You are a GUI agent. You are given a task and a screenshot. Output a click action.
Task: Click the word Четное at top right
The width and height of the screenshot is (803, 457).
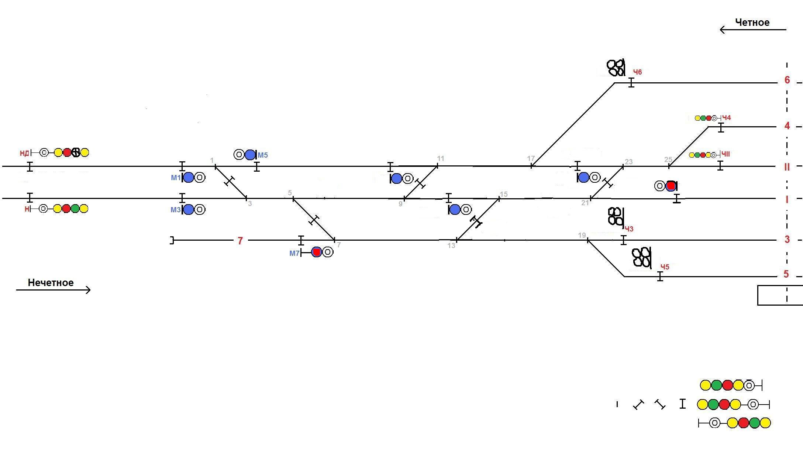point(752,23)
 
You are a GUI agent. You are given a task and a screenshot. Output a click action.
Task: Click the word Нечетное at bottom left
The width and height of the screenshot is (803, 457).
point(51,283)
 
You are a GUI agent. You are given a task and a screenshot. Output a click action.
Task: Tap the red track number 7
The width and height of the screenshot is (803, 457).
point(240,241)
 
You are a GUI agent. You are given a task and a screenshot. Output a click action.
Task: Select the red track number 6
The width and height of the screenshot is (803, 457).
point(787,80)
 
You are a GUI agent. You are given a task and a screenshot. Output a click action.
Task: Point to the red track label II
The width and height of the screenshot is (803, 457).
point(787,167)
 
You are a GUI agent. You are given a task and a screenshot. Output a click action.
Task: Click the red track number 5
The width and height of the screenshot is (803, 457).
point(786,274)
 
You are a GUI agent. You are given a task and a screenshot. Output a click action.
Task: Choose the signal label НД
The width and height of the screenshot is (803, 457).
point(24,153)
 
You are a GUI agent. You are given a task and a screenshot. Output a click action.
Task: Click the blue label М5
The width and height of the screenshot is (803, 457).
point(263,155)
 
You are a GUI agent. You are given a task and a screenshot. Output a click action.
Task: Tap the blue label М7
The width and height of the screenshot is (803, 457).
point(294,253)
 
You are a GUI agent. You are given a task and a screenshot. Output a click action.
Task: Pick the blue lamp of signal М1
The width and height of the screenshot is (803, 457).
point(189,178)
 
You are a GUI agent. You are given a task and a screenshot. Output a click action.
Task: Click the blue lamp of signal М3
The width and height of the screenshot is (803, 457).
point(189,210)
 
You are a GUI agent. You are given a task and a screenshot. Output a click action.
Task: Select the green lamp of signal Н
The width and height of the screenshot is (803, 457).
point(75,209)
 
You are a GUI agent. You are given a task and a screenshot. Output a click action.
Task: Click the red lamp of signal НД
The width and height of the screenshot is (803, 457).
point(67,152)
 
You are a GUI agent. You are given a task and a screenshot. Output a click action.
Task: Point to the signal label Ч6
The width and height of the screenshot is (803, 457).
point(637,72)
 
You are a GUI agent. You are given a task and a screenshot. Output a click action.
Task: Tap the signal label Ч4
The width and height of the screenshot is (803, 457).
point(726,118)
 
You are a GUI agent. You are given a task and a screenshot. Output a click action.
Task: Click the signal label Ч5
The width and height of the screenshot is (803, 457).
point(665,267)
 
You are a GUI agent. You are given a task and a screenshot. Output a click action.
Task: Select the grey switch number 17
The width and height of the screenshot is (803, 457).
point(531,158)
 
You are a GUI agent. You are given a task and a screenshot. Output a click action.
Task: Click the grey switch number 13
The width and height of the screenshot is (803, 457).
point(451,246)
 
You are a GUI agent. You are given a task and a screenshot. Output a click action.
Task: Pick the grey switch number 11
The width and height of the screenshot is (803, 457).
point(440,158)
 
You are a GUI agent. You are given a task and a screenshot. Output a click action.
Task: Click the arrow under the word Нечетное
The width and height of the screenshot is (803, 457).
point(53,290)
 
